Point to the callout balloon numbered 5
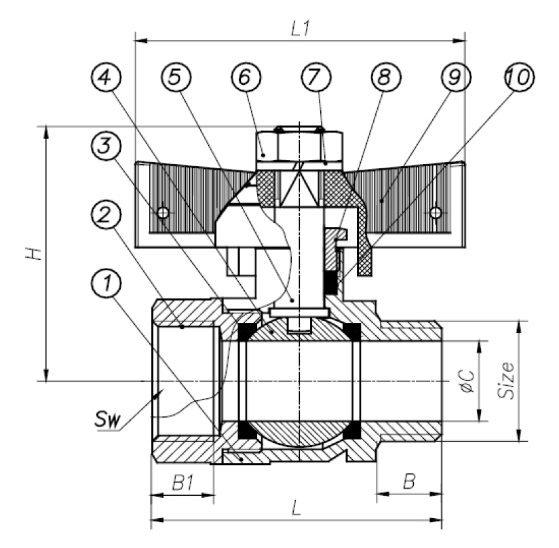point(176,79)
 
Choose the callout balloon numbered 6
point(245,79)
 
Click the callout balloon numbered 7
point(314,79)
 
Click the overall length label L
point(296,509)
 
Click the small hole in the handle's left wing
point(163,213)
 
